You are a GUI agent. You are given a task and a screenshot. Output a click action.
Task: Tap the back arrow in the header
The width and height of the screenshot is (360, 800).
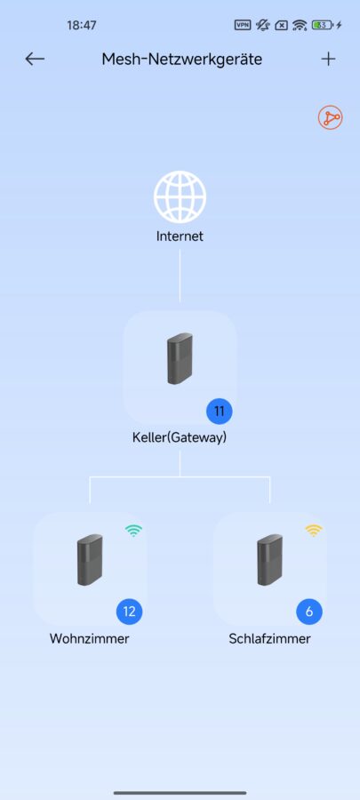click(35, 60)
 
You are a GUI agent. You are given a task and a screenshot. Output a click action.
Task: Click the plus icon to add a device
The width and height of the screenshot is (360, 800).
click(328, 60)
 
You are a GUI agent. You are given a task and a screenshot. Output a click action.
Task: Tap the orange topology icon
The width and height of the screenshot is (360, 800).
click(331, 118)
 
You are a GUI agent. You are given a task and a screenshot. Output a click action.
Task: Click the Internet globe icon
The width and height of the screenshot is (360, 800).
click(180, 196)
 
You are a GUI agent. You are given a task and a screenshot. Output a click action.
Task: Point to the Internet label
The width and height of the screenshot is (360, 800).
click(180, 236)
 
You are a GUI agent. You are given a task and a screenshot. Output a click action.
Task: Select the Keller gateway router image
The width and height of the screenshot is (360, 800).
click(180, 358)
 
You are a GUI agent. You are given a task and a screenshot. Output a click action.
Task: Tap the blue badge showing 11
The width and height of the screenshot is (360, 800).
click(220, 412)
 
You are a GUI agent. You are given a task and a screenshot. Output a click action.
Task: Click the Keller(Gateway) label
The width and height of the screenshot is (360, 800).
click(180, 437)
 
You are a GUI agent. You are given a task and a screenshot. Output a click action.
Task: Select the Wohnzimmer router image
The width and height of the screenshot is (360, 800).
click(90, 559)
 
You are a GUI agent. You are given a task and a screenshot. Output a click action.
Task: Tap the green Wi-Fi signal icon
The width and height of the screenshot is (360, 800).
click(133, 531)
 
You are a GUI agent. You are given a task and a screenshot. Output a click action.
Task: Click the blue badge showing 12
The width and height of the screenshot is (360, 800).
click(130, 612)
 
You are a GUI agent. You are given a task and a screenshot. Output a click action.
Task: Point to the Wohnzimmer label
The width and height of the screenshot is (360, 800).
click(89, 639)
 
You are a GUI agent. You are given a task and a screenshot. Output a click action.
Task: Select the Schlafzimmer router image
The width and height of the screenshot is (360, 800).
click(269, 559)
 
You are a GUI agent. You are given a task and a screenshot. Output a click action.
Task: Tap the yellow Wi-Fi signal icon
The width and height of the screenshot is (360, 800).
click(314, 531)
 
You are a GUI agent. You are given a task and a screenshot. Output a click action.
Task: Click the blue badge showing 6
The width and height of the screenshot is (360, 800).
click(309, 612)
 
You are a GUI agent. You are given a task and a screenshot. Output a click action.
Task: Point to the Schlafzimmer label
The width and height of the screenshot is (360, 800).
click(269, 639)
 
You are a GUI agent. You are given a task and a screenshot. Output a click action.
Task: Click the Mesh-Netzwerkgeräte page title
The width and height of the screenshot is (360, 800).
click(182, 60)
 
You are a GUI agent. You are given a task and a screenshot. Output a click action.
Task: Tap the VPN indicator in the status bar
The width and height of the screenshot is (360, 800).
click(243, 25)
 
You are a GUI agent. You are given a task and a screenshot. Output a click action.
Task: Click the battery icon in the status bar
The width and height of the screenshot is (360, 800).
click(324, 25)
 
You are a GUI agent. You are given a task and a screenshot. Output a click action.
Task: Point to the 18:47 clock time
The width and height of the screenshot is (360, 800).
click(82, 25)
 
